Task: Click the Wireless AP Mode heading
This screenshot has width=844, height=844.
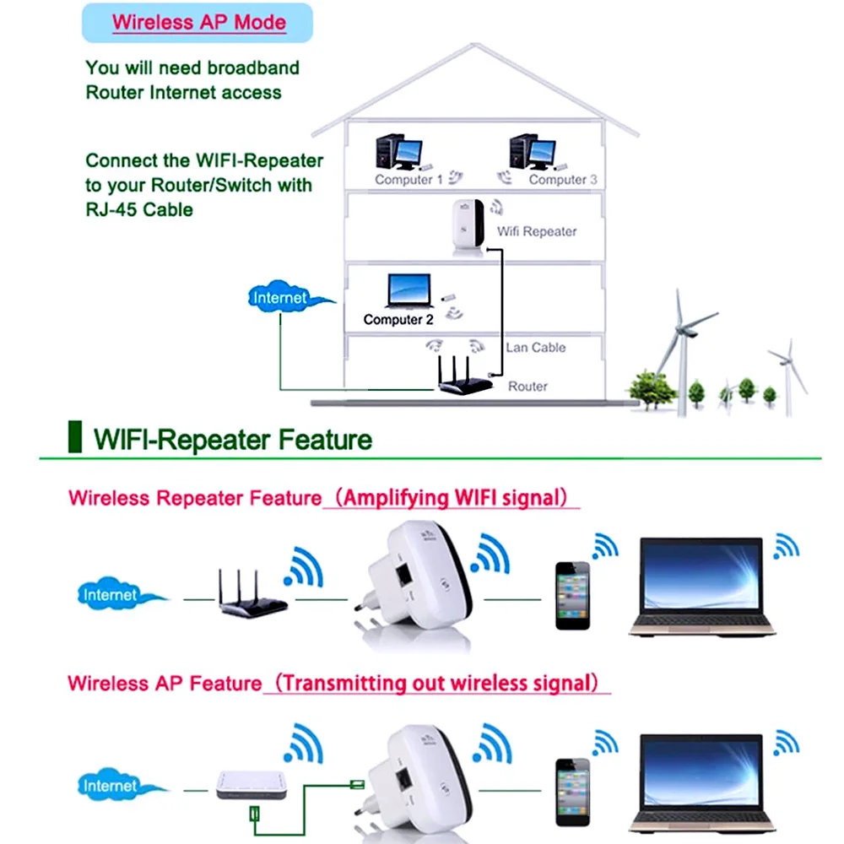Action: coord(199,22)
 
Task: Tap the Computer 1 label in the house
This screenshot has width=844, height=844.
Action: coord(408,180)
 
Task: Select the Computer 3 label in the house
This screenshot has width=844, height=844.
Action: coord(563,180)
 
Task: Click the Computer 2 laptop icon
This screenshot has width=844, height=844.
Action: coord(408,291)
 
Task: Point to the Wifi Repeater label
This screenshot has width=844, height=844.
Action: coord(537,231)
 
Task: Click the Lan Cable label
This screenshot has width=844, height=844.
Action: coord(536,348)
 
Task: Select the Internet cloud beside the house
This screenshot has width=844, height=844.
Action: coord(281,298)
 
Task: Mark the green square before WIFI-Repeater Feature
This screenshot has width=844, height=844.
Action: coord(75,439)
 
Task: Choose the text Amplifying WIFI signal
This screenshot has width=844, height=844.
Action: coord(452,498)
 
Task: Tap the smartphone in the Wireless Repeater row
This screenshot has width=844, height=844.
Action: coord(572,595)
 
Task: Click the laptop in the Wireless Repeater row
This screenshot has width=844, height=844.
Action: coord(701,587)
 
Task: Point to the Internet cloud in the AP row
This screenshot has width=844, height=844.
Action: coord(111,786)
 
